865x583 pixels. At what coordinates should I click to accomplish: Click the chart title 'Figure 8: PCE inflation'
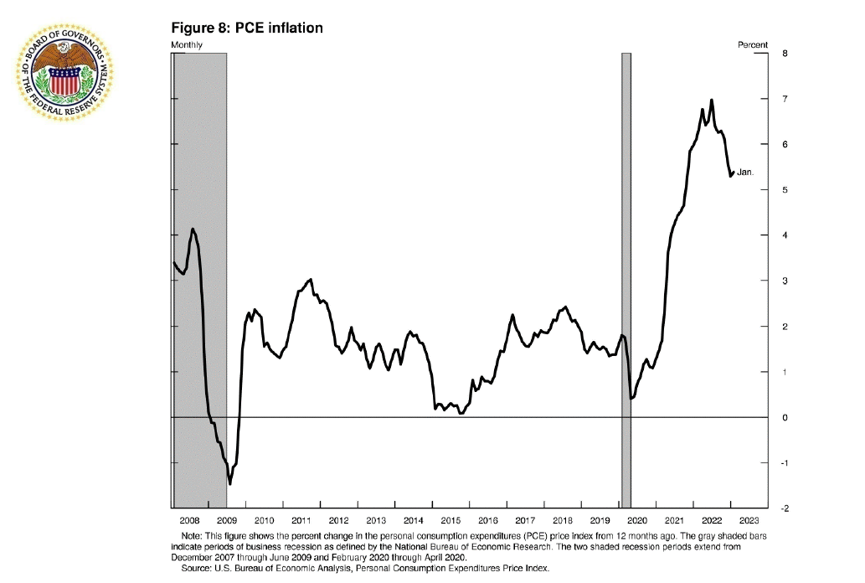pos(247,28)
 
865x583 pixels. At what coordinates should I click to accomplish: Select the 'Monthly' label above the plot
pos(187,44)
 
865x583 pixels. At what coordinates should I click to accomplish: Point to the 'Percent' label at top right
pos(752,44)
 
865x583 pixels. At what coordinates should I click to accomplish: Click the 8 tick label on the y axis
pos(784,54)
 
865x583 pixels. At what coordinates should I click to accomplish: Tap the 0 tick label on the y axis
pos(784,417)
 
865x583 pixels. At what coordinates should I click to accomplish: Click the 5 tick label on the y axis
pos(784,190)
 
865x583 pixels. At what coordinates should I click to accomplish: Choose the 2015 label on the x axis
pos(451,521)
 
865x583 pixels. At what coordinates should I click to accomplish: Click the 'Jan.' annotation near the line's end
pos(745,173)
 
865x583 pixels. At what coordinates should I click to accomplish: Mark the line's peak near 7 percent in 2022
pos(712,100)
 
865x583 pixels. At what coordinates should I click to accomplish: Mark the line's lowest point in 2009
pos(230,483)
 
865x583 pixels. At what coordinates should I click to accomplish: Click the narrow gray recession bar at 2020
pos(626,276)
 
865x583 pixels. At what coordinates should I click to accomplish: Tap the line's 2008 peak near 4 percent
pos(193,229)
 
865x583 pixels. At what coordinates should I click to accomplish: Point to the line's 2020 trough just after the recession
pos(631,398)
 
